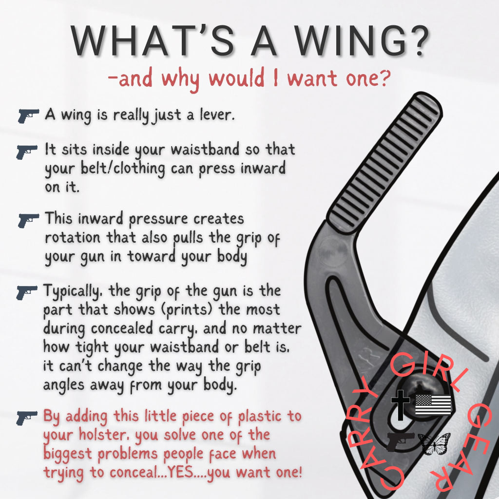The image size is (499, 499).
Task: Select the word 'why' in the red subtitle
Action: (181, 78)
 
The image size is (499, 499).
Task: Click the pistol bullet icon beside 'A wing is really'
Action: (28, 116)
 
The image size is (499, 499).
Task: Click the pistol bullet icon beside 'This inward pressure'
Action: (28, 220)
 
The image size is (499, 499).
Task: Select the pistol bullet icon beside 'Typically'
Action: (27, 292)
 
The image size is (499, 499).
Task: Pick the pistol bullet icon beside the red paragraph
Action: (27, 418)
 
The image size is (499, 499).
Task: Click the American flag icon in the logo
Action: (433, 404)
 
